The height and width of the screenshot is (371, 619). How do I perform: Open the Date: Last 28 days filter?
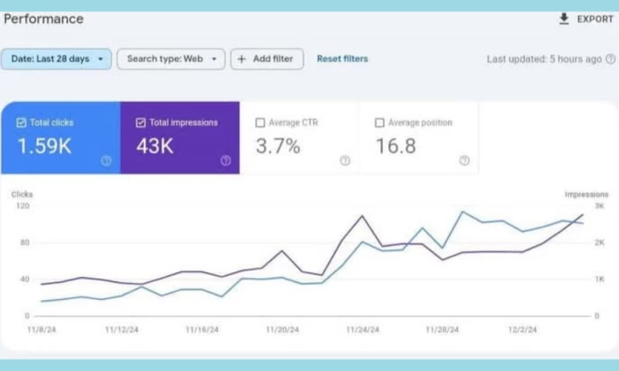pos(56,59)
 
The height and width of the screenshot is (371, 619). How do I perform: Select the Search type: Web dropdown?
pos(171,59)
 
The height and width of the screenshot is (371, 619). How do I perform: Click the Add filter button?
pos(267,59)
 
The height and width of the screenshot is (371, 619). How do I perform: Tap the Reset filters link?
pos(342,59)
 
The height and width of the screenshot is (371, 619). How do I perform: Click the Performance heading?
pos(43,19)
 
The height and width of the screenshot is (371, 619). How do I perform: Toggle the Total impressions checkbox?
pos(140,122)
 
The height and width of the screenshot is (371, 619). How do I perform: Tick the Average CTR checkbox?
pos(260,122)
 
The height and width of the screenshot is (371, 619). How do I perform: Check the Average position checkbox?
pos(379,122)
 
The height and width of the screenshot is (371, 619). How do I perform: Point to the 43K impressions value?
pos(155,146)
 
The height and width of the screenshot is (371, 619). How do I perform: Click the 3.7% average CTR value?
pos(278,146)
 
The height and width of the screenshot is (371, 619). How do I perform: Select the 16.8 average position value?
pos(396,146)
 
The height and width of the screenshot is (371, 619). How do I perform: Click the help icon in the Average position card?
pos(463,161)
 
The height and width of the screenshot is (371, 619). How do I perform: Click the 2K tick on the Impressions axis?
pos(599,243)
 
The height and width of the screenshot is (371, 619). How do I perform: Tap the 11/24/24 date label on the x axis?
pos(363,329)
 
